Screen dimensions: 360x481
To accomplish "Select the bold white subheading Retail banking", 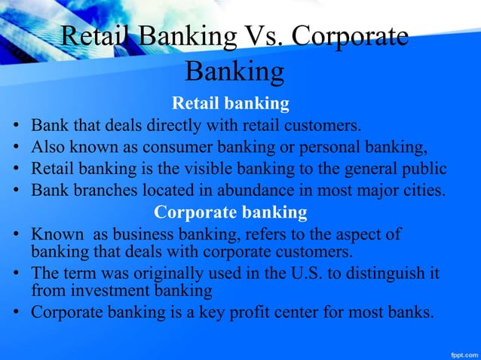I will (x=231, y=102).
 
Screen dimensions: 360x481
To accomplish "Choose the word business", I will (x=142, y=235).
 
